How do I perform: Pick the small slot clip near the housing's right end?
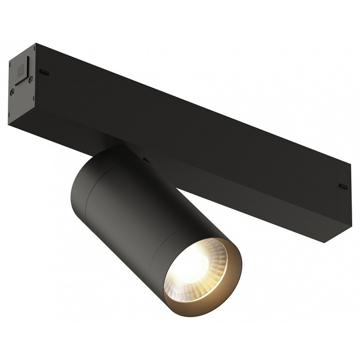pyautogui.click(x=343, y=186)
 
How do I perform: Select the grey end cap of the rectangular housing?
pyautogui.click(x=22, y=83)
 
